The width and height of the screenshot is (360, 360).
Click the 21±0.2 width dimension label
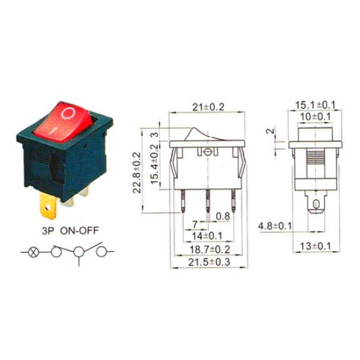[208, 107]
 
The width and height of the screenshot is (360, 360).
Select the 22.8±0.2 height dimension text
[137, 172]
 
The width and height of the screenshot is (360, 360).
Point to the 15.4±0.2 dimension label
[155, 164]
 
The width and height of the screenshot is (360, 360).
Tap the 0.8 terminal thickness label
[223, 216]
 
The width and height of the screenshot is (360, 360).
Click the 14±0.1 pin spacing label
[207, 236]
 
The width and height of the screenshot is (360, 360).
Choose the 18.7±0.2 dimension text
[209, 249]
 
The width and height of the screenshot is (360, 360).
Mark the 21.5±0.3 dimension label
[209, 262]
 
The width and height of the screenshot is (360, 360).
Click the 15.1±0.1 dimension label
[315, 105]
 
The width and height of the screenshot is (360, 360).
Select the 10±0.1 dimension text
[315, 117]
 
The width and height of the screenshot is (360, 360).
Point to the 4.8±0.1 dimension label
[275, 226]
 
